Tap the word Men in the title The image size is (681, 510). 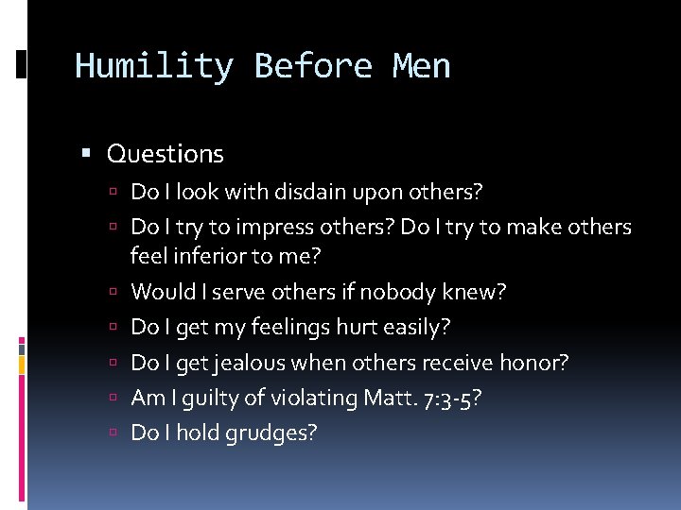(x=421, y=67)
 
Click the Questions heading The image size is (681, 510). (x=166, y=153)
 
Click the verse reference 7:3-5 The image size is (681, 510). (x=450, y=398)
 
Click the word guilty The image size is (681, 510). (x=205, y=398)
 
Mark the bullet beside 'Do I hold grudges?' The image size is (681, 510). (x=113, y=433)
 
